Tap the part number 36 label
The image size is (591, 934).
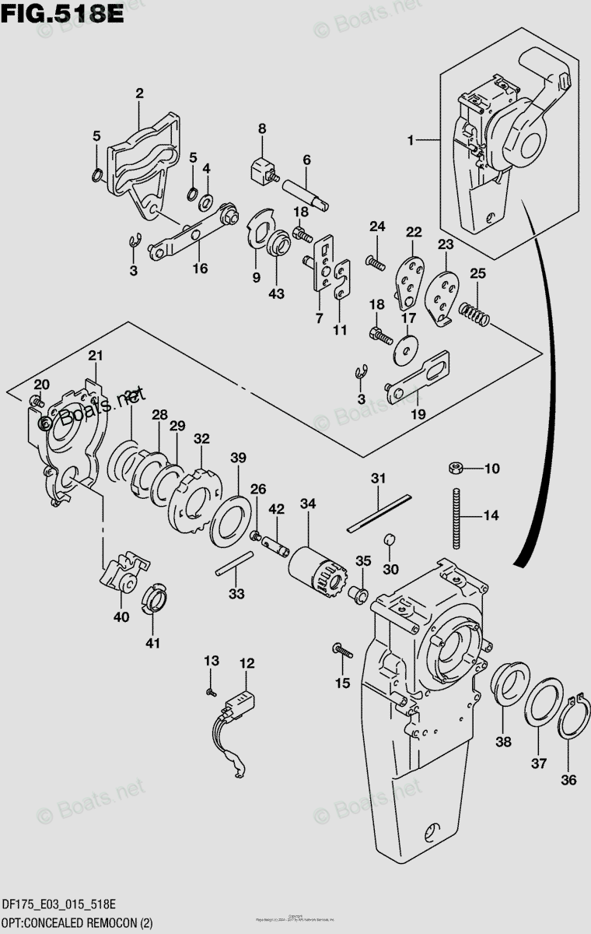point(569,780)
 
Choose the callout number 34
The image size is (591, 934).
point(308,504)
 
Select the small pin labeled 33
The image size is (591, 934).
point(234,564)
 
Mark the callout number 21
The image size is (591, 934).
point(95,356)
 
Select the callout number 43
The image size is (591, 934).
point(277,294)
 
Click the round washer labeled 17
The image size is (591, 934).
point(404,349)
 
